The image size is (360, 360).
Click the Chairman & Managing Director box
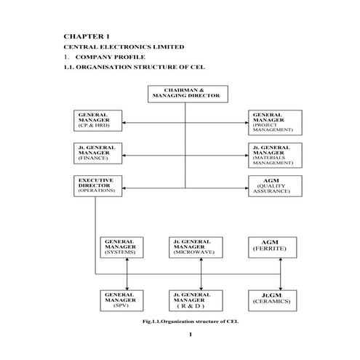click(x=188, y=94)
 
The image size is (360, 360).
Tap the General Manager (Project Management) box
click(x=273, y=121)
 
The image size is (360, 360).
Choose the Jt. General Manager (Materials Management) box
click(x=273, y=154)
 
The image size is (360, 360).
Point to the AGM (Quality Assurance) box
click(x=273, y=185)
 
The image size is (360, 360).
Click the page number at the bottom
click(x=188, y=335)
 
